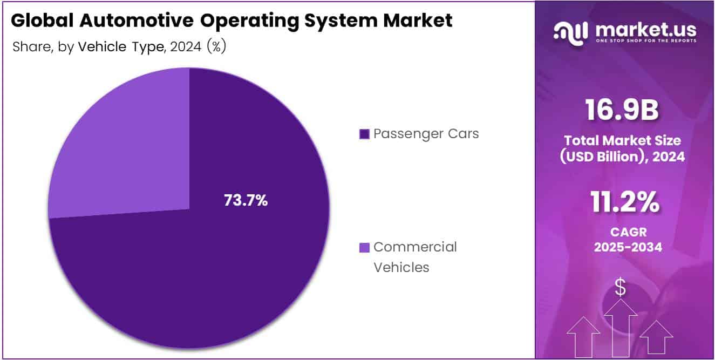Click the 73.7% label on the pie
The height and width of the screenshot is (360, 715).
[x=246, y=201]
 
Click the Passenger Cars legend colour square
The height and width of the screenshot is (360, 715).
[x=364, y=134]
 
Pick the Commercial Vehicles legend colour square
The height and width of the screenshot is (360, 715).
[x=364, y=248]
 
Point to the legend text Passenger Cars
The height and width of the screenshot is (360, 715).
[x=426, y=134]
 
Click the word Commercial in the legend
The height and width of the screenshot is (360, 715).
[x=415, y=247]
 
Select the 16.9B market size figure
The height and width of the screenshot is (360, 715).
[x=622, y=111]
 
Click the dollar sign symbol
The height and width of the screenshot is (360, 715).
[x=621, y=288]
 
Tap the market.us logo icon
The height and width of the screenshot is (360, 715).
[x=570, y=32]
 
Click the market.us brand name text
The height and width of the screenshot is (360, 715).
[x=645, y=29]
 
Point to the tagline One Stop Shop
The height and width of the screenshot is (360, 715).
[x=645, y=41]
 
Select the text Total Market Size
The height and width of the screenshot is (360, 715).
[x=622, y=140]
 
